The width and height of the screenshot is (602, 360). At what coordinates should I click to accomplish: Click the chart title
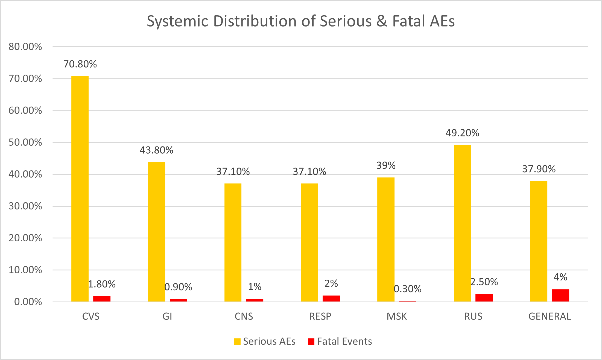[x=301, y=21]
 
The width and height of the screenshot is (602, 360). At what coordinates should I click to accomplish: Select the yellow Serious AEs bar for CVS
[x=80, y=189]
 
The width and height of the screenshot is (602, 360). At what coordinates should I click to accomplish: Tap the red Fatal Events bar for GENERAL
[x=560, y=295]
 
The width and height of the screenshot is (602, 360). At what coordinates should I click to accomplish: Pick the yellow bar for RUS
[x=462, y=223]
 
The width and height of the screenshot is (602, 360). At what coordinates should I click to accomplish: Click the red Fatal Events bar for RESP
[x=331, y=298]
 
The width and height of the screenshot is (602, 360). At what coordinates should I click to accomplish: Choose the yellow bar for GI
[x=156, y=232]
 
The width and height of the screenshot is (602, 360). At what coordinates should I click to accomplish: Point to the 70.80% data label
[x=80, y=64]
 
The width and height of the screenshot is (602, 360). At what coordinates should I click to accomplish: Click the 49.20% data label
[x=462, y=133]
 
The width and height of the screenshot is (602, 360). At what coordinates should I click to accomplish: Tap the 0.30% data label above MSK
[x=407, y=289]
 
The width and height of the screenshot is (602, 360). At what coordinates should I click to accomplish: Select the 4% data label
[x=560, y=277]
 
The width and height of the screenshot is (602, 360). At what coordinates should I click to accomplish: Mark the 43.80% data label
[x=156, y=150]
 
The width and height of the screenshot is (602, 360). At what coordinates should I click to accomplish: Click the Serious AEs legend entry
[x=265, y=341]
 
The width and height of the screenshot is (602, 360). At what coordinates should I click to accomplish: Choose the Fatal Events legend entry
[x=340, y=341]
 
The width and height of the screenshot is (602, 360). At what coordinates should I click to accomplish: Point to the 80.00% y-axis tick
[x=25, y=47]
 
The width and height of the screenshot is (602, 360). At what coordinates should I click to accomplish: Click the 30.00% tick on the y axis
[x=25, y=206]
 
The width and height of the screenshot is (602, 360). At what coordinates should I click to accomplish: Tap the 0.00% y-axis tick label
[x=28, y=302]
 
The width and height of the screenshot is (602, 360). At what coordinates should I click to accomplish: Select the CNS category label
[x=244, y=316]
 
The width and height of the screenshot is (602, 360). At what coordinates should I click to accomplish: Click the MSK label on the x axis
[x=396, y=316]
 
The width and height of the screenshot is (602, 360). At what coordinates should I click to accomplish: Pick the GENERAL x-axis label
[x=550, y=316]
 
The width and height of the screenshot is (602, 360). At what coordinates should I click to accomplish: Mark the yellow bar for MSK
[x=386, y=239]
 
